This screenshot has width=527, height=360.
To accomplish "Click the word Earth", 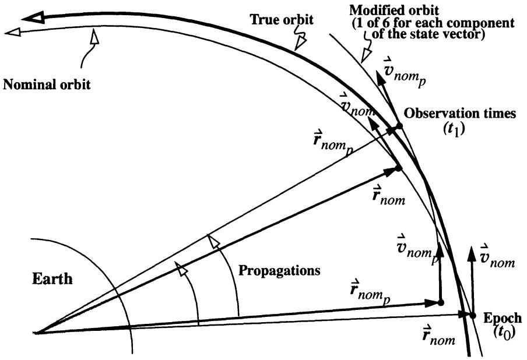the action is (52, 278).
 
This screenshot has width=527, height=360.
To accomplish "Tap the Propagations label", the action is (279, 271).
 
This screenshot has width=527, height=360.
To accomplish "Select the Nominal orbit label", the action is (47, 84).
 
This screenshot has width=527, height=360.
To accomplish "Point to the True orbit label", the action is (282, 19).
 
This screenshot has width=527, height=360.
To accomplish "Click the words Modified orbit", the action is (394, 10).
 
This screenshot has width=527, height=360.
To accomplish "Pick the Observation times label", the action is (460, 114).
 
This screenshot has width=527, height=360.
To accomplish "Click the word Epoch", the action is (503, 318).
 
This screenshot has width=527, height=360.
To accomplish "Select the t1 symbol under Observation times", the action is (454, 129).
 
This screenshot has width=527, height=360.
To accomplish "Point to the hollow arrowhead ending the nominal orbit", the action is (12, 32).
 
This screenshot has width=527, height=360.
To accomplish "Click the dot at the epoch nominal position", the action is (473, 316).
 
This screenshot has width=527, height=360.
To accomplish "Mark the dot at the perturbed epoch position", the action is (441, 302).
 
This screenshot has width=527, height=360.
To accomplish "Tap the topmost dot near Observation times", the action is (399, 126).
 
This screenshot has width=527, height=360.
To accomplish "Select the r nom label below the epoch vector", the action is (438, 335).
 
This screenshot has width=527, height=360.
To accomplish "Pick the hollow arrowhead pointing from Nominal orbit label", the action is (95, 36).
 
